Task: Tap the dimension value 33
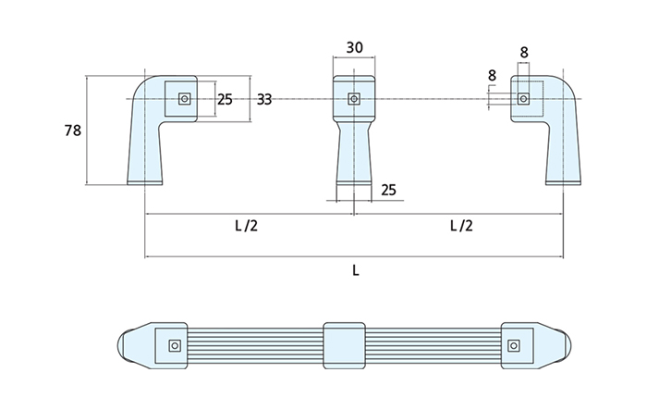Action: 264,99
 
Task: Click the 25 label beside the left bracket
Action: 225,99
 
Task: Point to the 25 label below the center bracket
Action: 388,190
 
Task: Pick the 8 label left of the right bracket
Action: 491,74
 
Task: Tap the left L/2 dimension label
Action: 246,225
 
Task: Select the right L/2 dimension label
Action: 460,225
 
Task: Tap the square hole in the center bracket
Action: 354,98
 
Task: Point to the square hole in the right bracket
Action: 523,98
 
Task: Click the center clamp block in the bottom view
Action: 346,345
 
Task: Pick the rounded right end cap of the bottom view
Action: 570,345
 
